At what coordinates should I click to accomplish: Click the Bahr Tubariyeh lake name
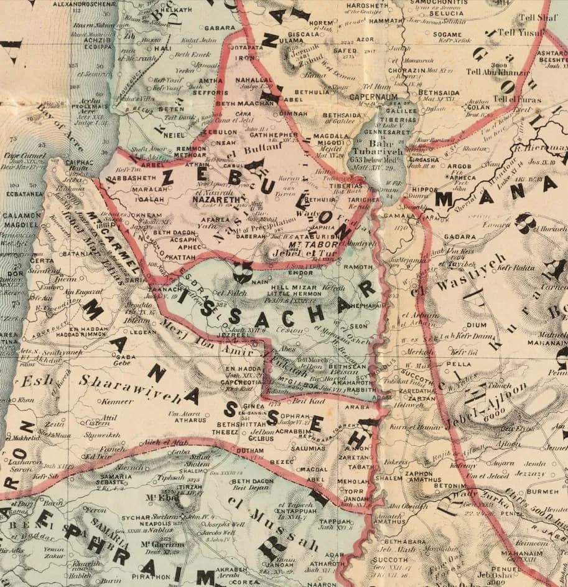tap(377, 147)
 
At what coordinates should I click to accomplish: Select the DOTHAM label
tap(251, 451)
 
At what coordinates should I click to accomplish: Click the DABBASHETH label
tap(130, 178)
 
